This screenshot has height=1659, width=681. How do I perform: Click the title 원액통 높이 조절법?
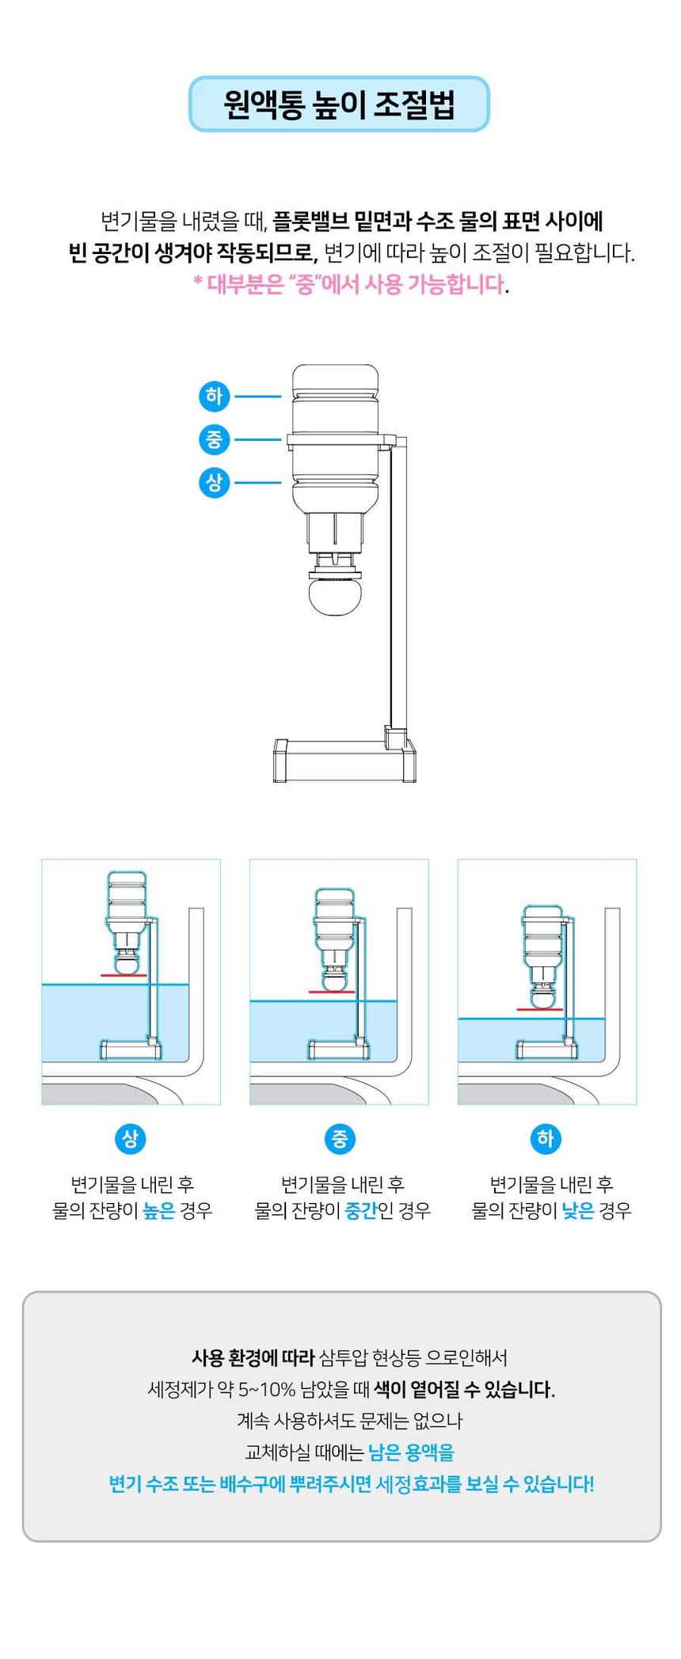[x=339, y=104]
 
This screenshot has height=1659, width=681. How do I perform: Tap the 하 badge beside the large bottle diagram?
[x=214, y=396]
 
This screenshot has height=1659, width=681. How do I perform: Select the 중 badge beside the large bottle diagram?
[x=214, y=439]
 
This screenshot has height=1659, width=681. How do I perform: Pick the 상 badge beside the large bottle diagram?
[x=214, y=482]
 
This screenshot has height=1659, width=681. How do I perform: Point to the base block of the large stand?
[x=344, y=761]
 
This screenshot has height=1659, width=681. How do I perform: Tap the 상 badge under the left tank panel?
[x=131, y=1139]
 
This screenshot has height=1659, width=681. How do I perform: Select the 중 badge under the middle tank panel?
[x=340, y=1139]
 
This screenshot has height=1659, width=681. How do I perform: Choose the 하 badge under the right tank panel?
[x=546, y=1139]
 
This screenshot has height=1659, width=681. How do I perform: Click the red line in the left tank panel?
[x=124, y=975]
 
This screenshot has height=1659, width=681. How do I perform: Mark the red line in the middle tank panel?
[x=333, y=991]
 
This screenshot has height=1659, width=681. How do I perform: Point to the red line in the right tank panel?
[x=540, y=1009]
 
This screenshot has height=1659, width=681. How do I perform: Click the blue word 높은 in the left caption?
[x=159, y=1211]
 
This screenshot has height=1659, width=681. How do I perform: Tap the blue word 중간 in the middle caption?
[x=361, y=1211]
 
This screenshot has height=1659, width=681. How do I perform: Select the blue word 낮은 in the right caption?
[x=578, y=1211]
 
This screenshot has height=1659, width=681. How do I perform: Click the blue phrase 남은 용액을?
[x=412, y=1453]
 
